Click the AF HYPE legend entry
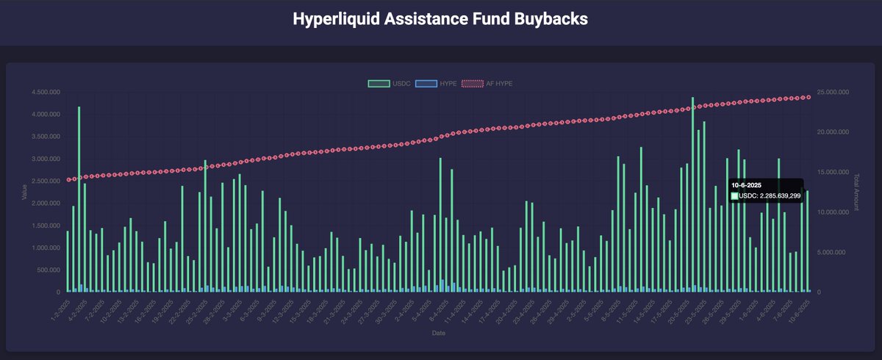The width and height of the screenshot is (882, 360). coord(487,84)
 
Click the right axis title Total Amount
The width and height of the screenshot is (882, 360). coord(856,192)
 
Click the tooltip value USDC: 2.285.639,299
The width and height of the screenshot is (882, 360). coord(769,196)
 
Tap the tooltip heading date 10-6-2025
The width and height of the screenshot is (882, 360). coord(746,185)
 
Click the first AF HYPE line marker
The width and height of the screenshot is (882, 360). coord(68,179)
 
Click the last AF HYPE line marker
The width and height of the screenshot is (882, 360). coord(808,97)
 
